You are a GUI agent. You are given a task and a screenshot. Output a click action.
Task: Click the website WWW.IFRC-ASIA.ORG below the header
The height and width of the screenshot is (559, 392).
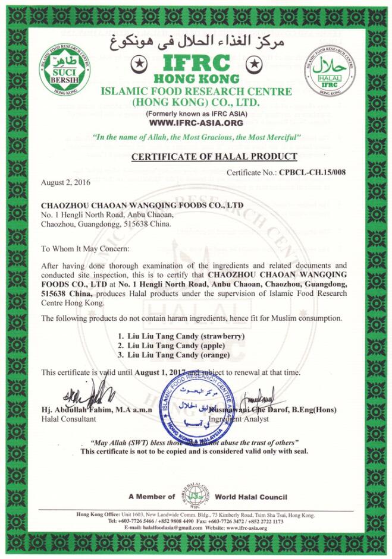click(196, 123)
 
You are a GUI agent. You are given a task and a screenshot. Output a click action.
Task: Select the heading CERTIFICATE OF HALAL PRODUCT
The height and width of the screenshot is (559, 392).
click(214, 157)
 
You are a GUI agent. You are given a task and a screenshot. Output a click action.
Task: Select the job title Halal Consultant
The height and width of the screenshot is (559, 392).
click(68, 419)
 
